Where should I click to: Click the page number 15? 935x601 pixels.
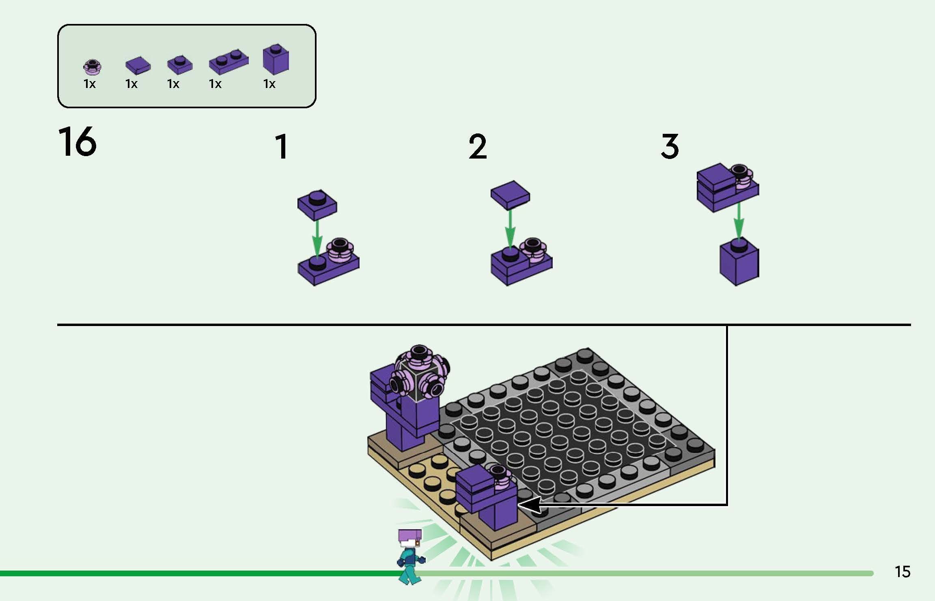[903, 572]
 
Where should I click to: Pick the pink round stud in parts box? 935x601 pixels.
[92, 67]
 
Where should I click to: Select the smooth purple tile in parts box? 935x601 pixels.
[138, 65]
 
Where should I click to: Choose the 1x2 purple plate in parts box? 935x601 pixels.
[228, 62]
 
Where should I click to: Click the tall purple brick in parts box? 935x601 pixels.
[276, 60]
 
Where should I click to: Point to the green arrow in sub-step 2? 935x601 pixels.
[510, 229]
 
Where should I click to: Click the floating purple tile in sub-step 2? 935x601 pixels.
[510, 195]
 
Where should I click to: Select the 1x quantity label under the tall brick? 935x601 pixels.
[269, 84]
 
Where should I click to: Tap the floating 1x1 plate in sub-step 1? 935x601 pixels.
[317, 204]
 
